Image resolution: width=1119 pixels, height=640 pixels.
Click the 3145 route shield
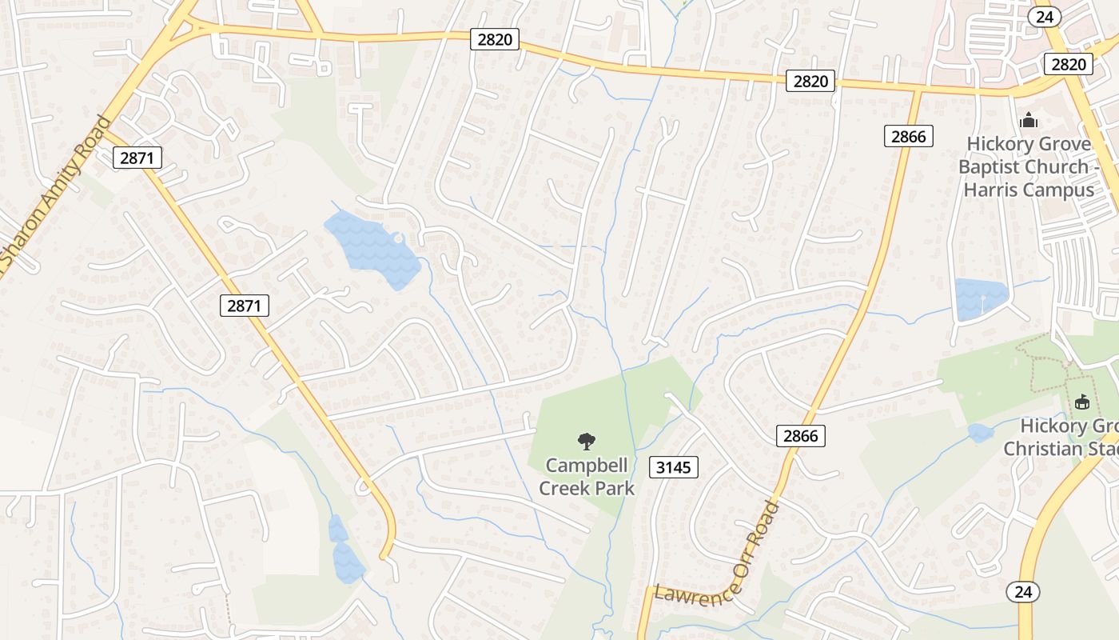(674, 467)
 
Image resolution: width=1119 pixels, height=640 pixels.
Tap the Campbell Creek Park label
(587, 476)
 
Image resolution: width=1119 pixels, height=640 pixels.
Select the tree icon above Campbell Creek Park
(587, 440)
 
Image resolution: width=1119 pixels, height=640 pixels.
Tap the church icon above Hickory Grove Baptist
(1028, 120)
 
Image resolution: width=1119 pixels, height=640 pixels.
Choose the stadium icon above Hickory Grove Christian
(1082, 401)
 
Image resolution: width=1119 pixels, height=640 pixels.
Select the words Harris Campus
(1028, 190)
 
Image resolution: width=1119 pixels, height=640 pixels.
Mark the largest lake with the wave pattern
(371, 248)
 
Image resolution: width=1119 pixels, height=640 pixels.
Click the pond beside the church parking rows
(980, 296)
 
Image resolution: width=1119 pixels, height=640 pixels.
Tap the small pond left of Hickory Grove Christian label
(980, 433)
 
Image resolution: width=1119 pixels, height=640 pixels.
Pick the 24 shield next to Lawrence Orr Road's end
(1022, 592)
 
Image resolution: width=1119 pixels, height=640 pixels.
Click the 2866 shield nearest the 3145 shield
(800, 435)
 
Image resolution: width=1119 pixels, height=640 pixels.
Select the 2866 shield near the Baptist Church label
(909, 136)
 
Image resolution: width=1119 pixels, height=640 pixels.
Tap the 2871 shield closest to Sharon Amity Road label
(137, 158)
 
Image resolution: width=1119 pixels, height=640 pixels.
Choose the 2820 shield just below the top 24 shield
(1068, 65)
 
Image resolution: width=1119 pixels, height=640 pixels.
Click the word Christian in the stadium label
(1039, 448)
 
